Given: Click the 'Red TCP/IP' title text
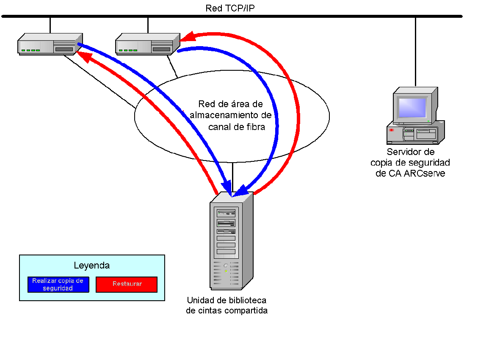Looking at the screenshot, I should pos(230,8).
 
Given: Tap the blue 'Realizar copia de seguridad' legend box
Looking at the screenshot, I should pos(58,284).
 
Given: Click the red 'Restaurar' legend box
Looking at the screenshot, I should pos(127,284).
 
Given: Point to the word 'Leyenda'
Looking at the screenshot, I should pos(91,266).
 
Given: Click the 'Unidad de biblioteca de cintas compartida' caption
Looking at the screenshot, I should pos(227,305).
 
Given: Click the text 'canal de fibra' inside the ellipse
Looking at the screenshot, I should pos(236,127).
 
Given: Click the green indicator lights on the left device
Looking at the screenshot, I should pos(30,50).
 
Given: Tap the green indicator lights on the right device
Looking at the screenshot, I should pos(128,50).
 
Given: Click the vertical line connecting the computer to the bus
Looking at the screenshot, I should pos(415,51).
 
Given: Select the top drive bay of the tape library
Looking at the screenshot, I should pos(226,213).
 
